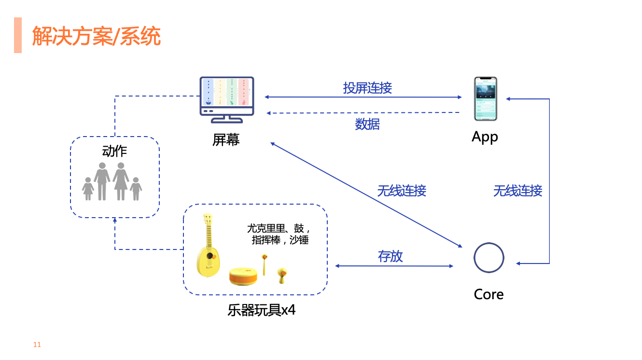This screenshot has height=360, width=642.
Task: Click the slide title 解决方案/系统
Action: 96,36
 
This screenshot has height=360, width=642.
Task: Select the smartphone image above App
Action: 485,98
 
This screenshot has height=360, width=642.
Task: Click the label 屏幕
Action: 226,140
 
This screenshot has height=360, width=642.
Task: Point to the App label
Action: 485,137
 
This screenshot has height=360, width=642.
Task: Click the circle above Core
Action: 488,258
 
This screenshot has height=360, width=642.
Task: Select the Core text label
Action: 488,294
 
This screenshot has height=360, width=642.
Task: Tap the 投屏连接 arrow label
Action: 367,88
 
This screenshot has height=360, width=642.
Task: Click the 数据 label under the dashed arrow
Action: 367,125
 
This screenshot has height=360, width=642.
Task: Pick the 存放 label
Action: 390,256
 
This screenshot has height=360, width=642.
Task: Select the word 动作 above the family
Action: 114,151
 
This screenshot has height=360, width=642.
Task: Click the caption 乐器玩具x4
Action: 261,310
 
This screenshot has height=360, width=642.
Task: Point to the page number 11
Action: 37,345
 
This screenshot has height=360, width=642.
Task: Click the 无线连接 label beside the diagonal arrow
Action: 402,191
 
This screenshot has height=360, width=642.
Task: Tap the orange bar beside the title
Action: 18,35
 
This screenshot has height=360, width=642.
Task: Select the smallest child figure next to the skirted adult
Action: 136,189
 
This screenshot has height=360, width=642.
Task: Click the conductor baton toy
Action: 264,263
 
